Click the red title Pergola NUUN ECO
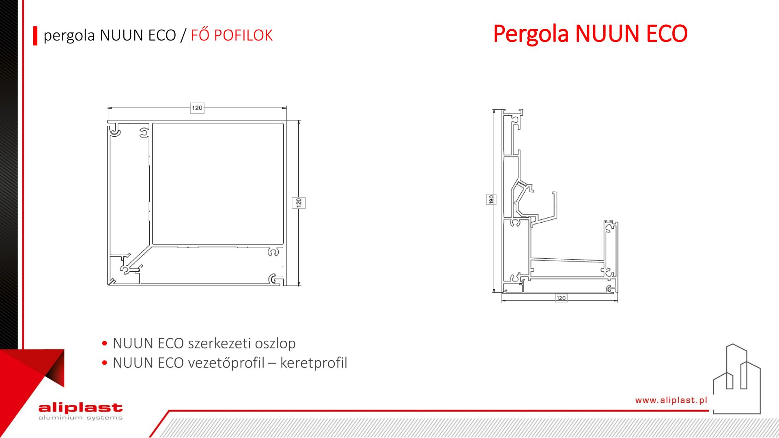click(590, 34)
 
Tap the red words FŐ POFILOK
click(232, 35)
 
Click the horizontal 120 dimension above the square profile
click(197, 108)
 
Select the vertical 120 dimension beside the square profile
click(299, 203)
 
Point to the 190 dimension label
click(491, 200)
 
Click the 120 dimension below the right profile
click(561, 298)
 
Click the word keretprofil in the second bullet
click(314, 363)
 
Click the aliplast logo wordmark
click(80, 408)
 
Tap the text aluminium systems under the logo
click(80, 418)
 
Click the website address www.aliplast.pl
click(671, 400)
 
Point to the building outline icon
click(737, 379)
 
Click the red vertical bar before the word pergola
click(35, 36)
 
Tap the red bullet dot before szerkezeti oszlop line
click(105, 344)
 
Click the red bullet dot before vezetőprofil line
click(105, 363)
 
